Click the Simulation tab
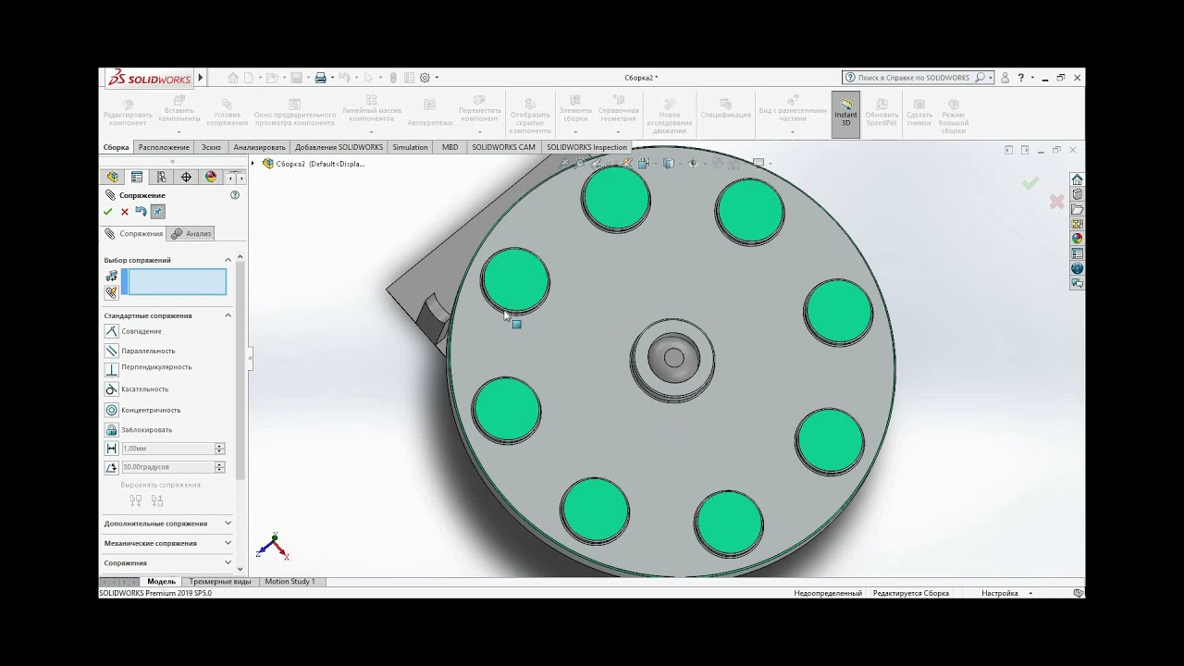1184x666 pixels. pos(410,147)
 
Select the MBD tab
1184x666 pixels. pos(450,147)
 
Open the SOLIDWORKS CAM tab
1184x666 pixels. pos(503,147)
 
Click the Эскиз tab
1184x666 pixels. pos(211,147)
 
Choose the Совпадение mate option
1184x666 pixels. pos(141,331)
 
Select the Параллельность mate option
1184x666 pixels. pos(147,351)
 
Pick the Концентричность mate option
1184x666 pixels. pos(150,410)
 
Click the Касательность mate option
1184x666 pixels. pos(144,389)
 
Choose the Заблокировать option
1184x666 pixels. pos(146,430)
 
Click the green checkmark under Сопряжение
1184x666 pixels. pos(107,212)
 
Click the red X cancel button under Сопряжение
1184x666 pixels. pos(125,212)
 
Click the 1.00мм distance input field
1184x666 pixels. pos(167,449)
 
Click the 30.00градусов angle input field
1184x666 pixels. pos(167,467)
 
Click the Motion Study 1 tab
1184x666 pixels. pos(290,582)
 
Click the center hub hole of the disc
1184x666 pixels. pos(673,358)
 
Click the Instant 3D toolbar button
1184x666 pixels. pos(845,115)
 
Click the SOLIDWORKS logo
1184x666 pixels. pos(149,79)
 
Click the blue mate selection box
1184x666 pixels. pos(174,282)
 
